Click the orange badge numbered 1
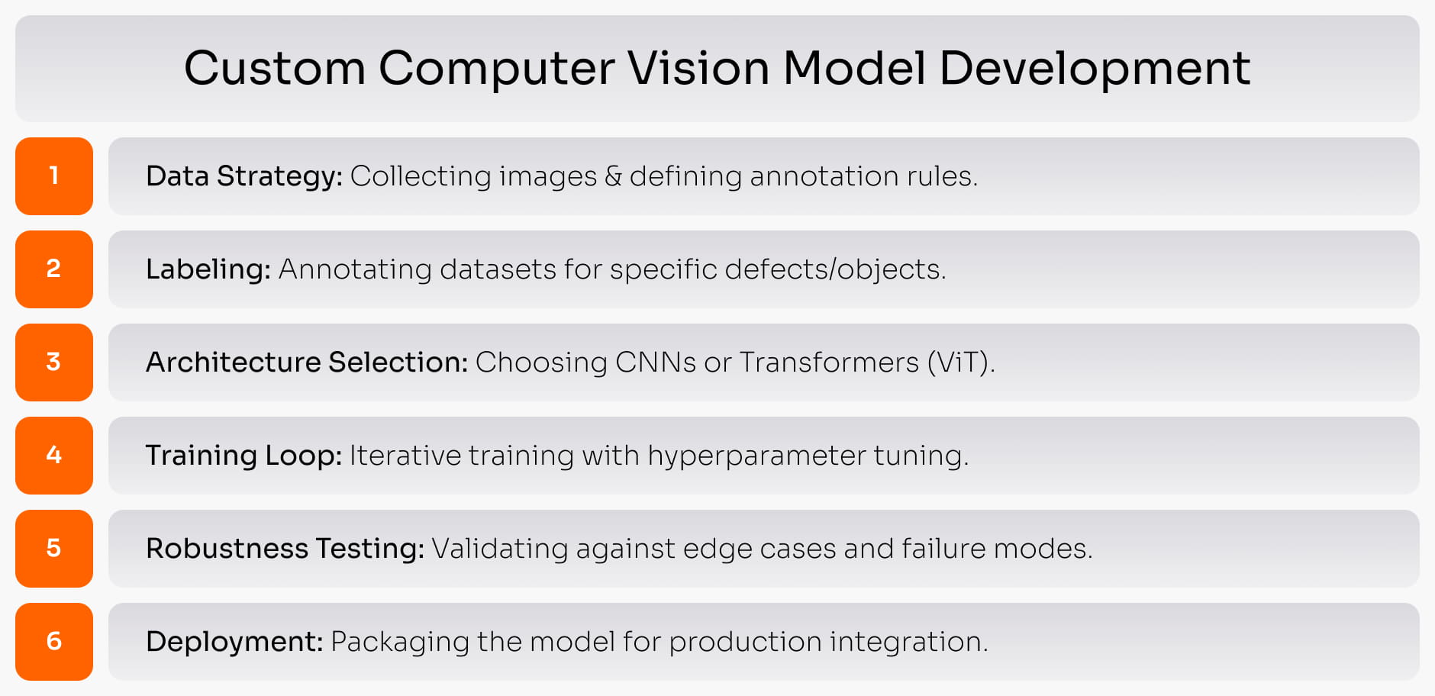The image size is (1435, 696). pos(54,176)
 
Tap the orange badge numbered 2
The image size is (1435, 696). pos(54,269)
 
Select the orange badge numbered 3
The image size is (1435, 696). pos(54,362)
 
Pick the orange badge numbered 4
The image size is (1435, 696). pos(54,456)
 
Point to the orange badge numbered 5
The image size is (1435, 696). pos(54,549)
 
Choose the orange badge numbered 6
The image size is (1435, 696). pos(54,642)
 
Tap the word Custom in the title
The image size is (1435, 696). pos(275,68)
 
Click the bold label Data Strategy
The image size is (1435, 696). pos(244,177)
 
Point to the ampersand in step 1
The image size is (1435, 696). pos(613,176)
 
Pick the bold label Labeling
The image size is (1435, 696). pos(208,270)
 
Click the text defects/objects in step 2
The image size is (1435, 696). pos(835,269)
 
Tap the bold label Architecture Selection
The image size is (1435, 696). pos(307,362)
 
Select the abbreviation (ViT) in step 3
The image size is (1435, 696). pos(961,362)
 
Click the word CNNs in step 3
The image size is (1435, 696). pos(656,362)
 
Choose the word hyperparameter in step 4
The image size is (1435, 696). pos(757,456)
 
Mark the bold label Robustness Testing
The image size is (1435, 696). pos(285,549)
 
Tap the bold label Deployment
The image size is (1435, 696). pos(235,643)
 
